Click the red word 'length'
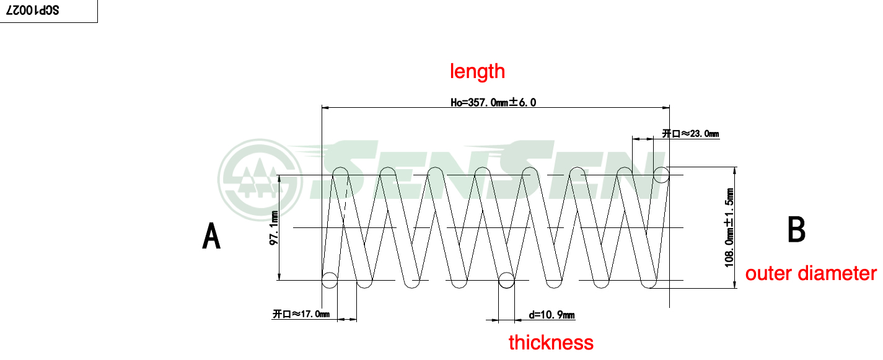[x=477, y=71]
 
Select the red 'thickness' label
[x=551, y=342]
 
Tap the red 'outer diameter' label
[x=811, y=273]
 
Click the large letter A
[x=211, y=235]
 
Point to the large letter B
[x=796, y=229]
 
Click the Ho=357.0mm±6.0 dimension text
[x=493, y=102]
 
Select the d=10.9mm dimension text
[x=551, y=315]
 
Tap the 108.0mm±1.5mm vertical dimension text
[x=729, y=227]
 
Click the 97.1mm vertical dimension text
[x=273, y=228]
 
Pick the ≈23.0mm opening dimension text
[x=690, y=134]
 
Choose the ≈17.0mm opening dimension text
[x=301, y=314]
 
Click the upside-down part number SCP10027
[x=32, y=11]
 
